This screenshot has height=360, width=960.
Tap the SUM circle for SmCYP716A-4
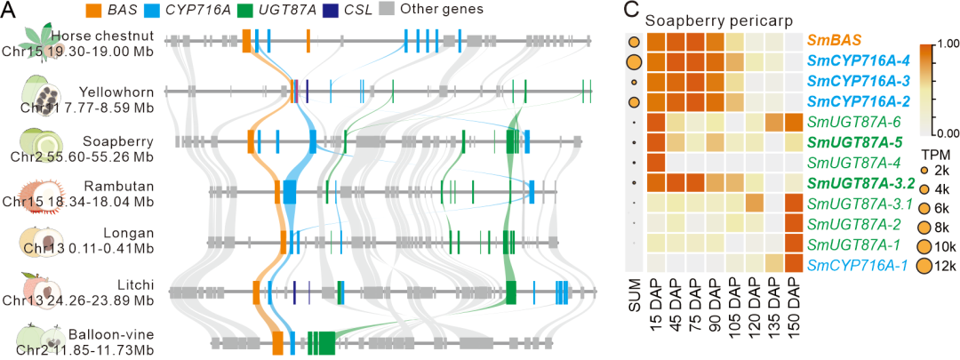(633, 62)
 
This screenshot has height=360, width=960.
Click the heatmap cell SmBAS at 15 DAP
(657, 42)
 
